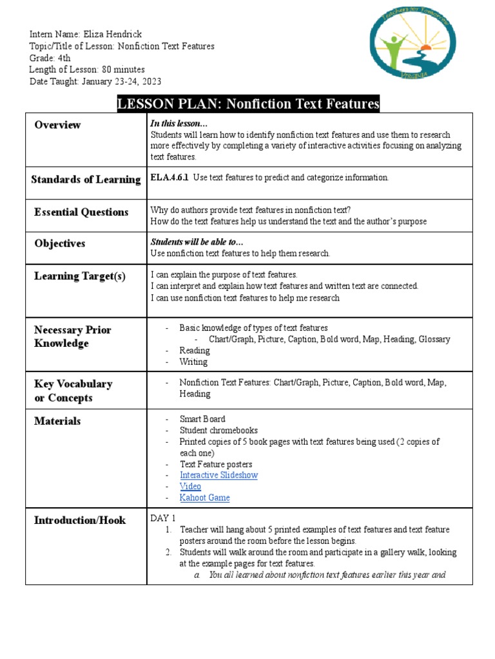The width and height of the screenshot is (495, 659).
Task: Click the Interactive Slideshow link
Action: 218,475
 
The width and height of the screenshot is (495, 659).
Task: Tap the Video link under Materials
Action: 190,487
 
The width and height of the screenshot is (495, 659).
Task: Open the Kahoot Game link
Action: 204,497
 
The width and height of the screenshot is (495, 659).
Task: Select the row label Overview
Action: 57,125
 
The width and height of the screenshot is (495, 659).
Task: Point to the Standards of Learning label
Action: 86,180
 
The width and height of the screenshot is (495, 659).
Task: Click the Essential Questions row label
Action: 81,212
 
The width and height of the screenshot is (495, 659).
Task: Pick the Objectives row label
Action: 59,243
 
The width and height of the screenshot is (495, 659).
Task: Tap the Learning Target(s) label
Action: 80,276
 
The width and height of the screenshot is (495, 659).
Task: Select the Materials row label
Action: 57,421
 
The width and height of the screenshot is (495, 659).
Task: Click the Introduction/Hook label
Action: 80,520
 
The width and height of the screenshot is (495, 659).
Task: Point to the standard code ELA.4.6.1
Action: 170,178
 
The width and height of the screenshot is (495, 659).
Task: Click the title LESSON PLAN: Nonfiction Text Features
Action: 248,104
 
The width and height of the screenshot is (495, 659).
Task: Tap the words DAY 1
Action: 163,518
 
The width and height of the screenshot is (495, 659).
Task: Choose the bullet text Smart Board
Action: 202,419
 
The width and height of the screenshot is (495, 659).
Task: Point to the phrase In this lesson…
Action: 179,124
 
